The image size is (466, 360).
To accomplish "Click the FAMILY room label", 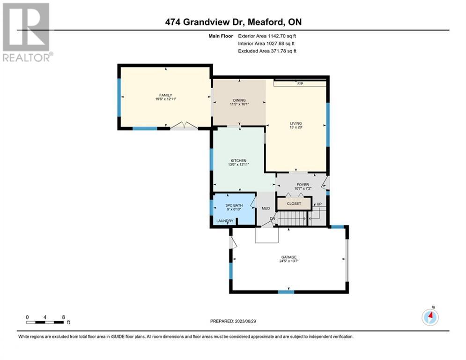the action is [165, 95].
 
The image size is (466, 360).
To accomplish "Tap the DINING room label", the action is [239, 100].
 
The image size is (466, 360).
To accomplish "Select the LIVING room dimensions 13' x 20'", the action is [296, 127].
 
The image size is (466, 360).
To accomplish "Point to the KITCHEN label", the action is [239, 161].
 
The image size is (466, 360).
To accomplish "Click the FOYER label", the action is [303, 185].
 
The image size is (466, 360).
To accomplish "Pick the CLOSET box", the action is [294, 204].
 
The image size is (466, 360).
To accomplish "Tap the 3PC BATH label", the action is [234, 205].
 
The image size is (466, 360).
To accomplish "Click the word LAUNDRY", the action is [225, 221].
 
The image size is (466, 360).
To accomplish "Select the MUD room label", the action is [266, 209].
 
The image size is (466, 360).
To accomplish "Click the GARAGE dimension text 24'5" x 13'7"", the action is [289, 261].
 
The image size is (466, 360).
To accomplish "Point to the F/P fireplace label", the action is [300, 84].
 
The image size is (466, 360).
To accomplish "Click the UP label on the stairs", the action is [319, 204].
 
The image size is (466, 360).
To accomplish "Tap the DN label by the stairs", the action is [273, 219].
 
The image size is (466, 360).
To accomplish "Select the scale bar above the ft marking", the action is [45, 322].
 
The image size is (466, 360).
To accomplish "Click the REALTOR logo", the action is [26, 32].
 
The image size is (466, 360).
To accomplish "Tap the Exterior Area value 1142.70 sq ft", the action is [282, 36].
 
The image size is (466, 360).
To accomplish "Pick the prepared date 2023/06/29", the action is [245, 321].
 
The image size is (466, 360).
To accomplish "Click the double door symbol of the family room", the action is [184, 126].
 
